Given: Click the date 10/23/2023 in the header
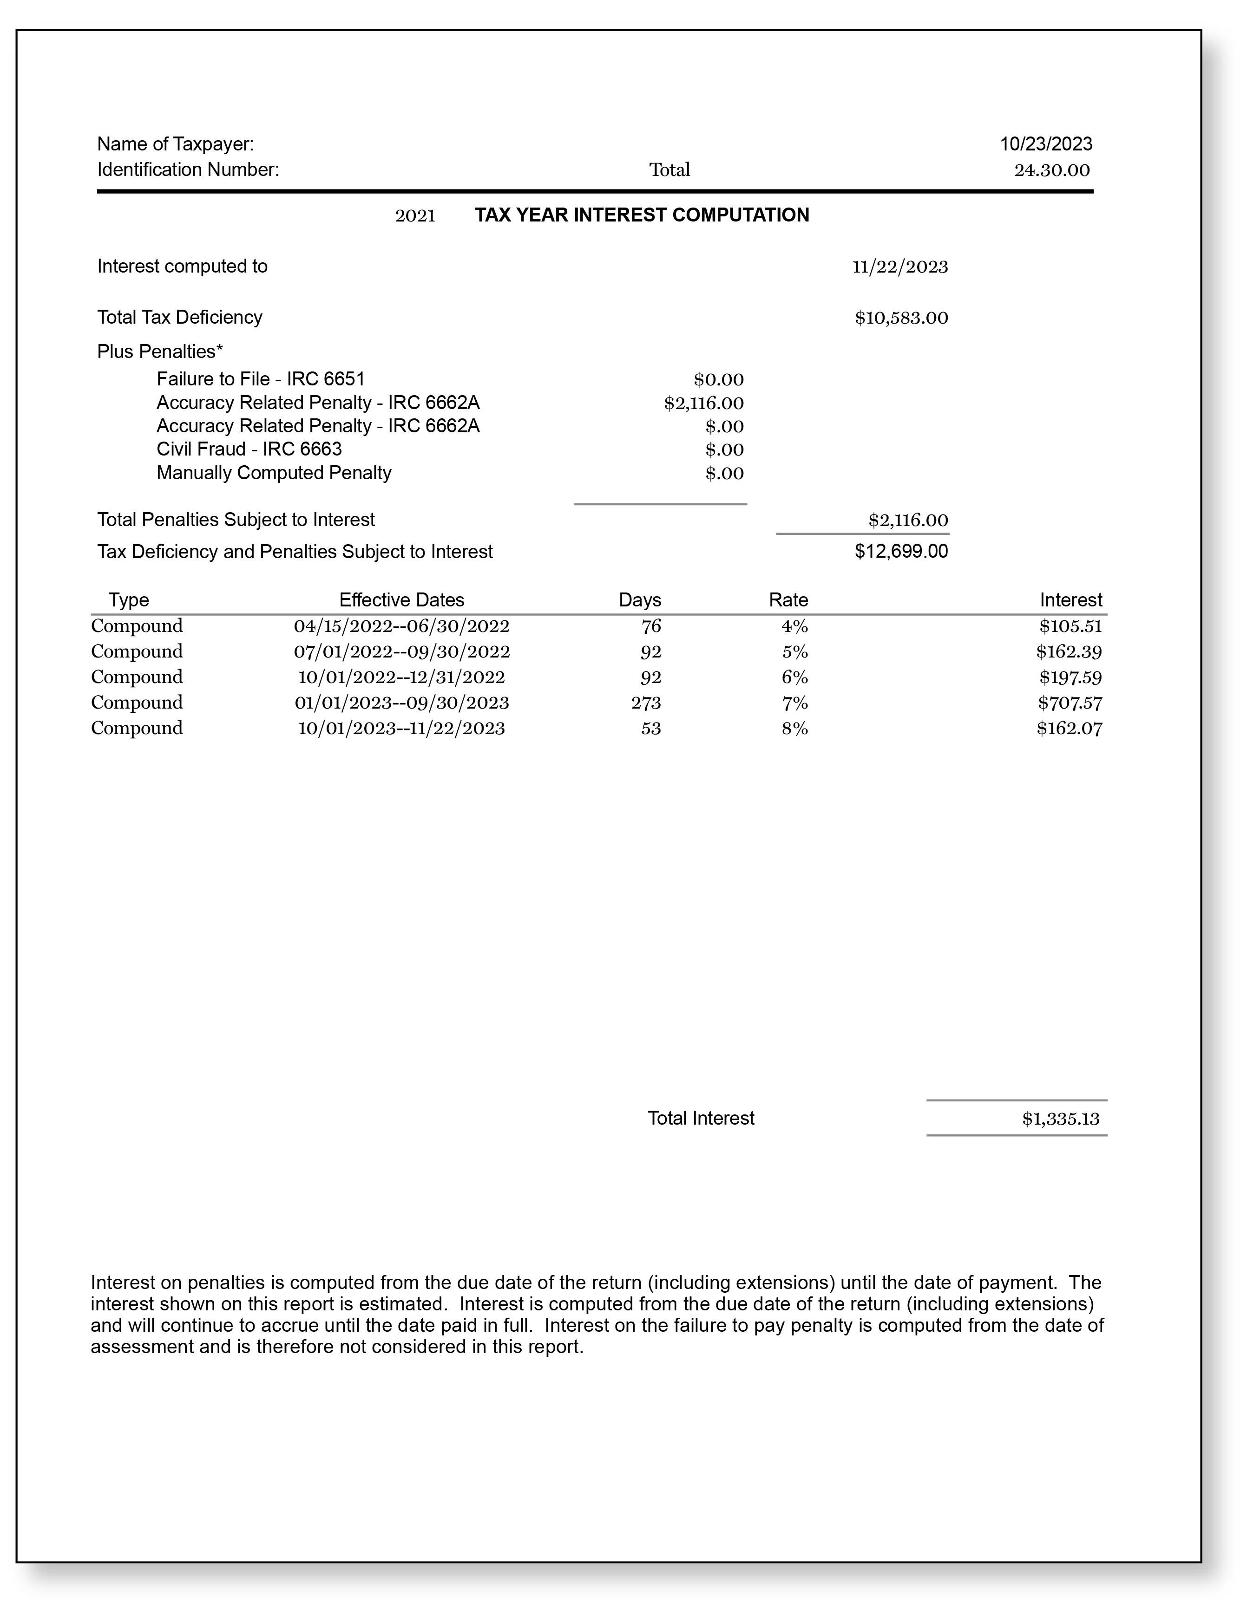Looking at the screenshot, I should (1045, 143).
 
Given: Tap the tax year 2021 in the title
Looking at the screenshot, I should (415, 216).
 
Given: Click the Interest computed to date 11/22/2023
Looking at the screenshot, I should (900, 267).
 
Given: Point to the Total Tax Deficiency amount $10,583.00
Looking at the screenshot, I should (901, 318).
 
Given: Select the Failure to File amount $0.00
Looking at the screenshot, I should (718, 380).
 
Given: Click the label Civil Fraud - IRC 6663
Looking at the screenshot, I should (249, 449).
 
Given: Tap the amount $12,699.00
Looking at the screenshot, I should (901, 552).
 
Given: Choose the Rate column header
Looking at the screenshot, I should (788, 600).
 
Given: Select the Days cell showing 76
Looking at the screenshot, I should (650, 626).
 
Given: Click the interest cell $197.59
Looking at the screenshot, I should (1070, 677).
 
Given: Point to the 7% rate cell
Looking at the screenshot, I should (795, 703).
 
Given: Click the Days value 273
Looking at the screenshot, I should (645, 703).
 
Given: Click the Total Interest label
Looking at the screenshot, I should (701, 1119).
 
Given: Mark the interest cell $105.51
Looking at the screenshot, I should (1070, 626).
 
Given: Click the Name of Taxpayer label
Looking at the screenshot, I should (175, 143).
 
